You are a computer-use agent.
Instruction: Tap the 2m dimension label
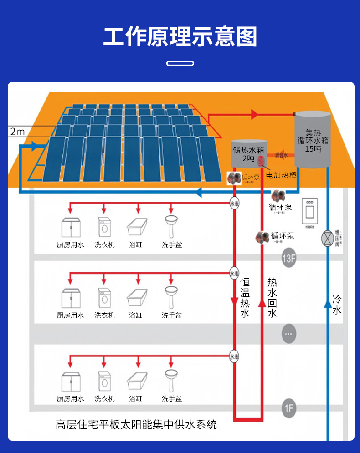pyautogui.click(x=17, y=132)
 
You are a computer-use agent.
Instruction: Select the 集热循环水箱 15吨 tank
pyautogui.click(x=313, y=139)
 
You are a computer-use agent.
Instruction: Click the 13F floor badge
pyautogui.click(x=289, y=259)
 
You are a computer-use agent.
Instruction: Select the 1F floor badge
pyautogui.click(x=289, y=408)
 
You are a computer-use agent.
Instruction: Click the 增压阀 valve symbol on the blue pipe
pyautogui.click(x=327, y=238)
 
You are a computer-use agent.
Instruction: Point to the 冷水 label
pyautogui.click(x=337, y=305)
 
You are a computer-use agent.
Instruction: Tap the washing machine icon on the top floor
pyautogui.click(x=104, y=226)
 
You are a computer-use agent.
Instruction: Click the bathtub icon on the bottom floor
pyautogui.click(x=138, y=381)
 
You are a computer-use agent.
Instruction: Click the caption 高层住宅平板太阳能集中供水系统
pyautogui.click(x=136, y=425)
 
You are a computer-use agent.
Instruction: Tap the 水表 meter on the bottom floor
pyautogui.click(x=234, y=356)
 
